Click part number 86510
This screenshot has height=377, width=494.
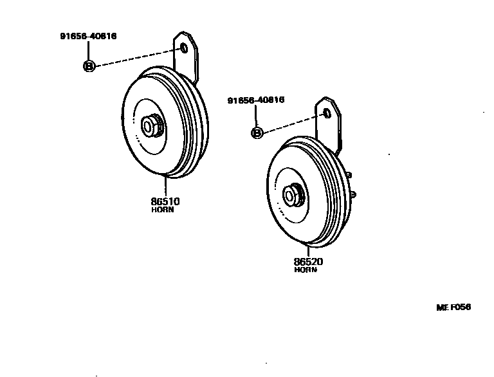pos(165,201)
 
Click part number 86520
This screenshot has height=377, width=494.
pos(308,262)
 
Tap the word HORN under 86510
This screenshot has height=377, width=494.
pos(163,210)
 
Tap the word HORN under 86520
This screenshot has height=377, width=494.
pos(306,270)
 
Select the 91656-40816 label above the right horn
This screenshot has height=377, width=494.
pos(256,100)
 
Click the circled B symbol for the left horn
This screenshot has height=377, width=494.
pos(89,66)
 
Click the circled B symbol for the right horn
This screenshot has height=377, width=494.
pos(257,133)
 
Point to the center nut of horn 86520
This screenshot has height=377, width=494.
pos(295,194)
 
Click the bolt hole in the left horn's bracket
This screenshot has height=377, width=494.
pos(184,48)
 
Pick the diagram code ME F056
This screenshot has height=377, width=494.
pos(454,308)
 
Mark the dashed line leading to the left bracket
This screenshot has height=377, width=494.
pos(135,57)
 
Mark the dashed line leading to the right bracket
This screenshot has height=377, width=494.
pos(293,124)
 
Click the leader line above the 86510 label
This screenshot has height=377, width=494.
pos(166,186)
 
